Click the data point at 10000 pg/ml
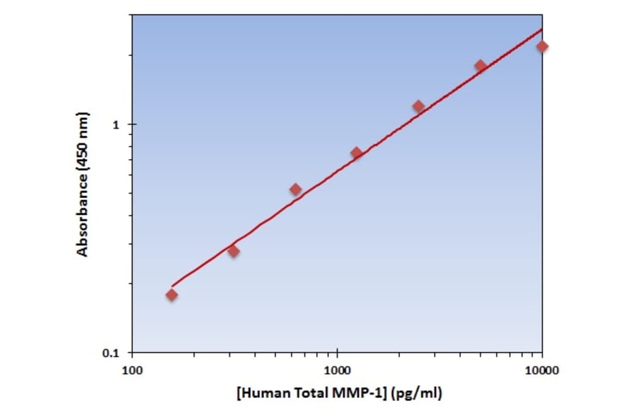[542, 47]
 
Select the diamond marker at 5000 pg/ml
[481, 66]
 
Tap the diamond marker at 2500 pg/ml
[418, 107]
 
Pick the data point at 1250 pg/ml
[357, 153]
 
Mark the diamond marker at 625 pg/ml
[295, 189]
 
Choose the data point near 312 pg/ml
[234, 251]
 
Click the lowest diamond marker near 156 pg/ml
[172, 295]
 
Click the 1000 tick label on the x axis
[337, 370]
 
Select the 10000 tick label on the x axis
[542, 370]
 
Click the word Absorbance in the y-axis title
[83, 215]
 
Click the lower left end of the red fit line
[171, 286]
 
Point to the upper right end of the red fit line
[542, 30]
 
